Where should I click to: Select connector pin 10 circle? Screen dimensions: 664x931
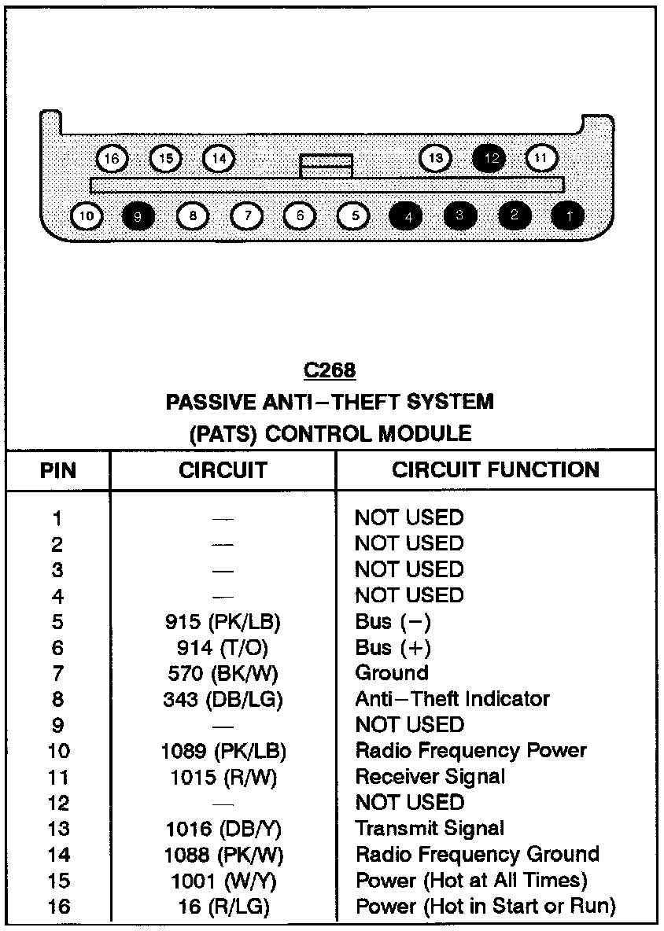tap(87, 215)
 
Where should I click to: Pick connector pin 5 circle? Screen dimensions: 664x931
tap(354, 215)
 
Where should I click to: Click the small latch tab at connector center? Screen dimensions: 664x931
tap(326, 166)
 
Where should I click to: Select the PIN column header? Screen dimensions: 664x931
tap(58, 471)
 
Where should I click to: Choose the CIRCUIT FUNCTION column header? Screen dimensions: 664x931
tap(496, 470)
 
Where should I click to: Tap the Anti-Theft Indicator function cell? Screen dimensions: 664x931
tap(452, 699)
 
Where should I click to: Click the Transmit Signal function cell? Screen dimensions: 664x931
tap(430, 828)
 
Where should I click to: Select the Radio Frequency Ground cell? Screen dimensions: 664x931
tap(478, 854)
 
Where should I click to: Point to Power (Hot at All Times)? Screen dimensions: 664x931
tap(471, 880)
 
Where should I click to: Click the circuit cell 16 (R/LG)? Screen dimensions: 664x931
tap(223, 906)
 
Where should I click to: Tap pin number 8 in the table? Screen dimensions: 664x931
tap(57, 699)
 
